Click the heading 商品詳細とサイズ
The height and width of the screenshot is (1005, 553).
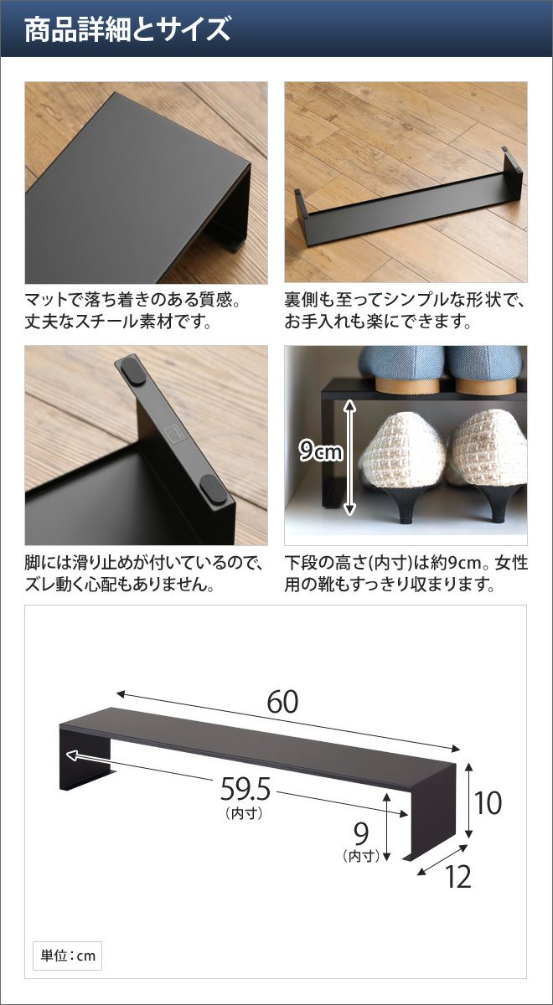[x=127, y=29]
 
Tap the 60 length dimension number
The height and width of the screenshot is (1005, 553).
[x=282, y=701]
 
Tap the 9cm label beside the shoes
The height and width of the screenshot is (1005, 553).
[x=320, y=451]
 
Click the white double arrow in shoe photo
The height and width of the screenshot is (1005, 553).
[x=349, y=456]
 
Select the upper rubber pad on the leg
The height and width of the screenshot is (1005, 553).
[x=133, y=370]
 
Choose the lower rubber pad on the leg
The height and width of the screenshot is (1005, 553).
[x=213, y=488]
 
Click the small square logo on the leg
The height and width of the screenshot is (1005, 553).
[x=172, y=431]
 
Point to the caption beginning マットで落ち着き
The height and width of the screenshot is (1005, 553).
[x=132, y=311]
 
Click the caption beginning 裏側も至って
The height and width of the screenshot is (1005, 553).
[x=405, y=311]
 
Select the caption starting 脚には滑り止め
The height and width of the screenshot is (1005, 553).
[x=143, y=574]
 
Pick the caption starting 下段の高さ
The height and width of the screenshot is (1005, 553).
[x=406, y=574]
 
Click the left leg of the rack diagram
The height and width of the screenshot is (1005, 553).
[x=85, y=763]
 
